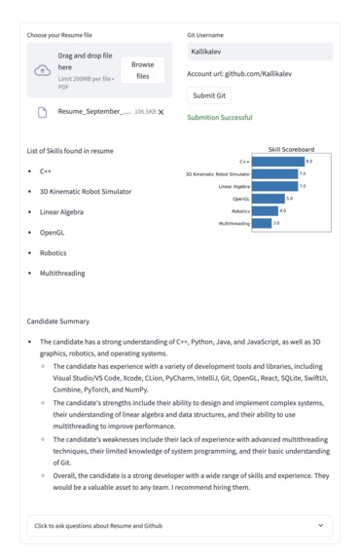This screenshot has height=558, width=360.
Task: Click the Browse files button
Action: click(x=142, y=70)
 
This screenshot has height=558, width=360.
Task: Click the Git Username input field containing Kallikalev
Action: click(x=259, y=53)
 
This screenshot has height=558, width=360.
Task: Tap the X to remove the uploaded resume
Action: click(x=162, y=113)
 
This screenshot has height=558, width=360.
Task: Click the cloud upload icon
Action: click(x=42, y=71)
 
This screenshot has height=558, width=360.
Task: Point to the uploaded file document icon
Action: click(x=42, y=113)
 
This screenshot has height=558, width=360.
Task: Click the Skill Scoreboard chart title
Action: click(x=291, y=150)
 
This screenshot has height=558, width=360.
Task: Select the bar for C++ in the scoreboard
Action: click(x=278, y=162)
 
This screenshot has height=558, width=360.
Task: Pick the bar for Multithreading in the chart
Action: click(x=262, y=223)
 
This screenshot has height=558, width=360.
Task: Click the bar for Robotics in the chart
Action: click(x=265, y=210)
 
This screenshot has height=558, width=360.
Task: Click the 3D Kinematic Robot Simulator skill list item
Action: click(x=86, y=192)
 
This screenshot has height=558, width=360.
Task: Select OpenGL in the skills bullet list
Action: click(x=52, y=233)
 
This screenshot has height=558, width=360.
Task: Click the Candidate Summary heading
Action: click(x=58, y=321)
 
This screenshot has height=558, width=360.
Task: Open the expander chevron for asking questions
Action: click(x=321, y=526)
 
